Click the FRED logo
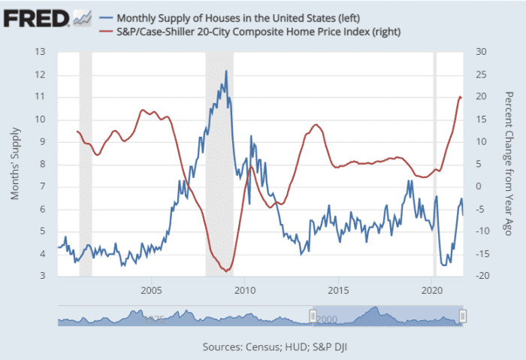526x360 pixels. pos(36,17)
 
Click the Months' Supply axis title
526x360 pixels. pos(15,165)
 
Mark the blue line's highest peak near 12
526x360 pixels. pos(226,71)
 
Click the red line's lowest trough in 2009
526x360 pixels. pos(225,271)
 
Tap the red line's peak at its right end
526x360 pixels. pos(460,96)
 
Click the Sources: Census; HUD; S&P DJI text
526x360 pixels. pos(262,347)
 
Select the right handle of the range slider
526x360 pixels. pos(463,317)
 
